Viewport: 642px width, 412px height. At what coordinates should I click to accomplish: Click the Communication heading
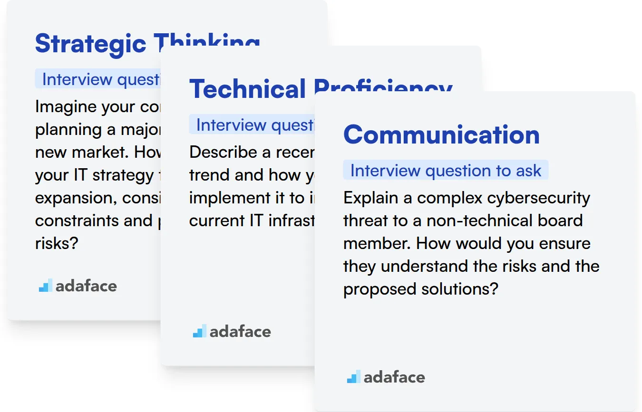441,134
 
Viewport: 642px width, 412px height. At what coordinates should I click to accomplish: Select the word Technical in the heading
247,89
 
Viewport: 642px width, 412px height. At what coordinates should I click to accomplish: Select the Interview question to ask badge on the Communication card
446,171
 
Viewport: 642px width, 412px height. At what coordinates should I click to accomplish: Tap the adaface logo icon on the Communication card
353,377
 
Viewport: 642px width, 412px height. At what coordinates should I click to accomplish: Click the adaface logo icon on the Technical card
199,331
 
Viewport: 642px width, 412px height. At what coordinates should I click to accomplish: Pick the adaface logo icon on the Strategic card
45,285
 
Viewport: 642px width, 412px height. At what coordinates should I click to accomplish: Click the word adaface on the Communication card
394,377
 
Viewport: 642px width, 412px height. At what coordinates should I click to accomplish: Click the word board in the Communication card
561,220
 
